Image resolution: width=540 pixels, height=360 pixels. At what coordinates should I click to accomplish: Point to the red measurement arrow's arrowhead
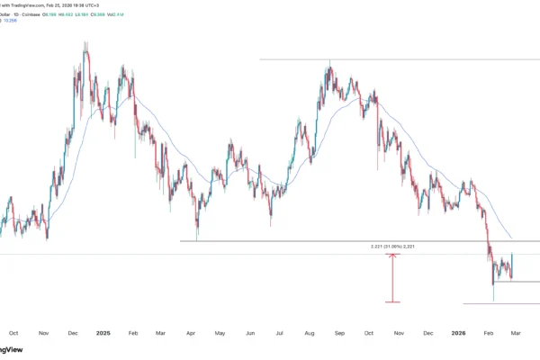[392, 256]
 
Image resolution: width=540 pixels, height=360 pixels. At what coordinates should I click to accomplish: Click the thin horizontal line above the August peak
[405, 59]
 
